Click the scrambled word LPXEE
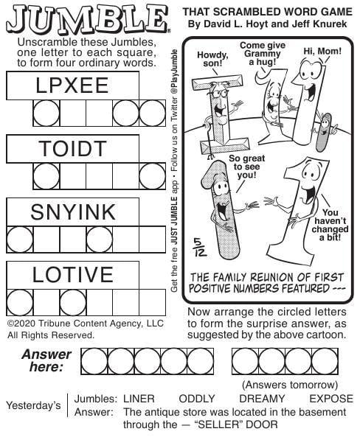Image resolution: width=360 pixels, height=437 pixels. coord(72,85)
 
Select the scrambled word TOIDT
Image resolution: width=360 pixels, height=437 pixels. coord(72,149)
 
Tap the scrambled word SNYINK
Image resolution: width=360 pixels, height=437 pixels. coord(73,211)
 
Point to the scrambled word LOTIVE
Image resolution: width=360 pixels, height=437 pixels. coord(72,275)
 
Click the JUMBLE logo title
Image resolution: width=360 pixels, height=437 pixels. coord(87,19)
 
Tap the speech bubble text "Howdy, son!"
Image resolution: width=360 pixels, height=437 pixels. coord(212,59)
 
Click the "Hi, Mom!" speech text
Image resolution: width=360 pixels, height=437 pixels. coord(322,52)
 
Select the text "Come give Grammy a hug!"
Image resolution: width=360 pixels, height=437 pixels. coord(263,54)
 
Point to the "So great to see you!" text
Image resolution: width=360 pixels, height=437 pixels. coord(246,167)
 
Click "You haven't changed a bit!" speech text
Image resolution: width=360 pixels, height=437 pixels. coord(330,226)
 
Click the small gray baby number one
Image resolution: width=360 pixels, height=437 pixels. coord(324,132)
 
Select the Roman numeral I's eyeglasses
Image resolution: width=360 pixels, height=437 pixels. coord(219,94)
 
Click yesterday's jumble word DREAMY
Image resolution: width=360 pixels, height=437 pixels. coord(262,399)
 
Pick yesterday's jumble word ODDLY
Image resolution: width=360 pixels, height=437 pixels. coord(197,399)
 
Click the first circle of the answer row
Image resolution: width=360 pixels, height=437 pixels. coord(94,361)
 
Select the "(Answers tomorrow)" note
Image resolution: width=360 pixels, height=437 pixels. coord(290,385)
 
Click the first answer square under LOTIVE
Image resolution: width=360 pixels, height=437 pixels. coord(20,302)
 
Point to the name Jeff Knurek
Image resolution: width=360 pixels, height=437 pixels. coord(319,24)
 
